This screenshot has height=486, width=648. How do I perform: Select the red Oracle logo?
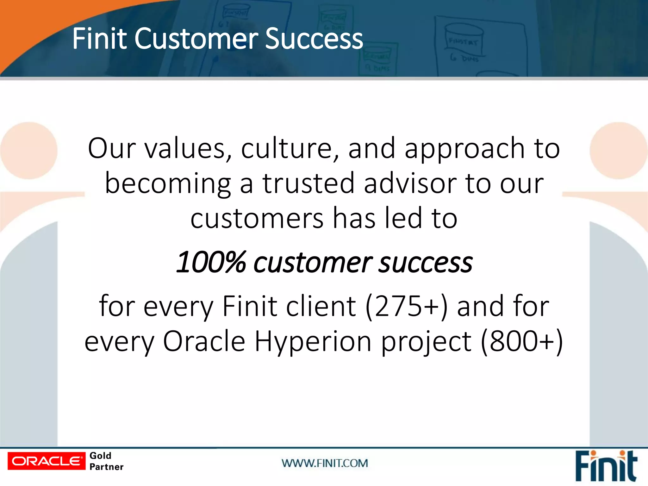point(47,461)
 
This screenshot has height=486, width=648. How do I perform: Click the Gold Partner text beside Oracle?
point(106,461)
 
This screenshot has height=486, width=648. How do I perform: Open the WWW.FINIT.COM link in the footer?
point(325,463)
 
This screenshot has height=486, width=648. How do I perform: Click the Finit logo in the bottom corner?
point(606,466)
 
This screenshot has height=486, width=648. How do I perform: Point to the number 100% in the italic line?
point(211,262)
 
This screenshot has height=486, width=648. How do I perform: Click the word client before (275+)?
point(321,306)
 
